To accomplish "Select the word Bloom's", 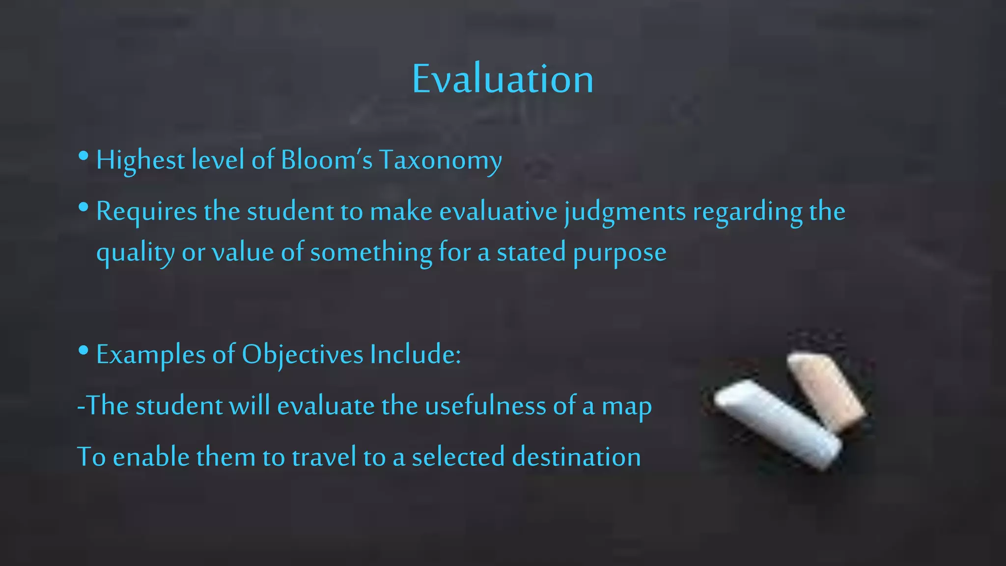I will (x=327, y=160).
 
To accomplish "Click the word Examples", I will (x=151, y=355).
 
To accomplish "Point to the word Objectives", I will (x=302, y=355).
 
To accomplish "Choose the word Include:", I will (x=416, y=354).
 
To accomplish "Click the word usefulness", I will (x=485, y=406).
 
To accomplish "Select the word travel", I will (x=324, y=457).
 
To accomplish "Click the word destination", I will (x=576, y=457).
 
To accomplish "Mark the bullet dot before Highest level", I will (x=83, y=156).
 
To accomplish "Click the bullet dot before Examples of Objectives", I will (x=83, y=351).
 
